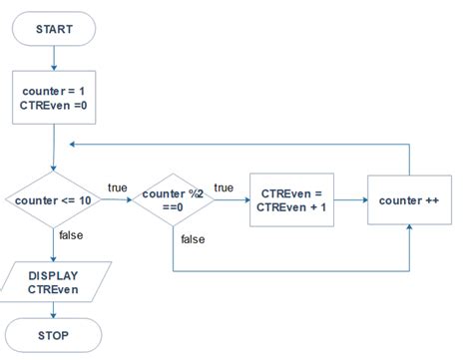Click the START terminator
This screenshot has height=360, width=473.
(53, 30)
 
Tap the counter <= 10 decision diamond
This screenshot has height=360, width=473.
(53, 200)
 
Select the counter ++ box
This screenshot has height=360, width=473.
(410, 200)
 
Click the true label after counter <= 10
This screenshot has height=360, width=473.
(117, 187)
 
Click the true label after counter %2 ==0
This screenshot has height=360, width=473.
(224, 187)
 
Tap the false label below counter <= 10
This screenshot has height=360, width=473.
(71, 235)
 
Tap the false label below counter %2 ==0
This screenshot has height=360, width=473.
(193, 239)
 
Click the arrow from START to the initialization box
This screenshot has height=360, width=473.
(53, 59)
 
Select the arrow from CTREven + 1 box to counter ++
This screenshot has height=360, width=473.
(350, 200)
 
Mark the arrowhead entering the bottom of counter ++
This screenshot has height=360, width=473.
(410, 230)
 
